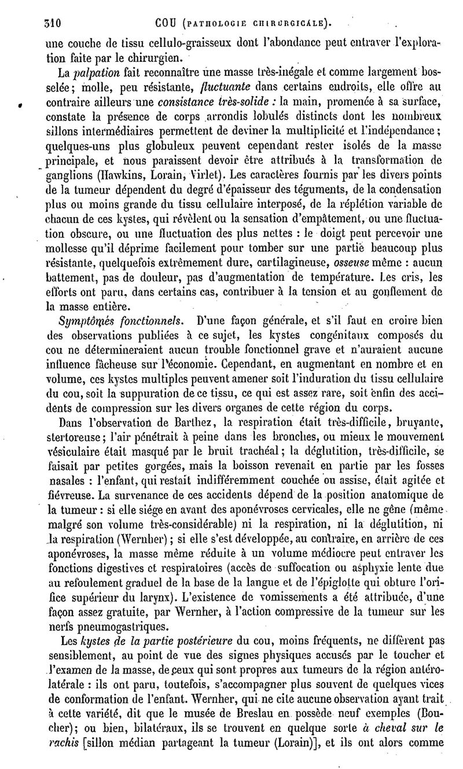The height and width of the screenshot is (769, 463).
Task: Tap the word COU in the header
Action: (168, 23)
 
